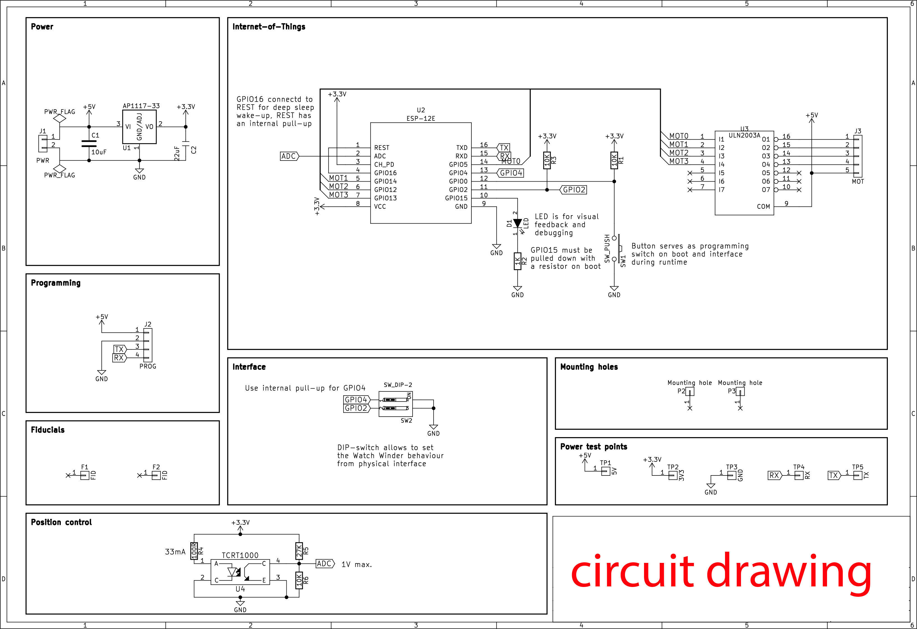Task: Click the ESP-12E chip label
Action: tap(421, 118)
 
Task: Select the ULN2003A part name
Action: tap(744, 135)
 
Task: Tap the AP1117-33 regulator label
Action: tap(141, 106)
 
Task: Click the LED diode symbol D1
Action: tap(517, 224)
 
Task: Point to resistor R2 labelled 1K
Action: tap(517, 261)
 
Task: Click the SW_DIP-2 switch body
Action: tap(395, 404)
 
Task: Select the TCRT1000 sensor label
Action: tap(240, 555)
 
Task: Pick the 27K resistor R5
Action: tap(299, 551)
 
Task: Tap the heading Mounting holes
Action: tap(589, 367)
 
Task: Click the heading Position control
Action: tap(61, 522)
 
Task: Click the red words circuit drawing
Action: tap(721, 572)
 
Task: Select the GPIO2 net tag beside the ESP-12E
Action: tap(574, 190)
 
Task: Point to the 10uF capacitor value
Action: tap(99, 152)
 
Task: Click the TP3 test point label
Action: tap(731, 467)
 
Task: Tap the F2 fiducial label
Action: tap(156, 467)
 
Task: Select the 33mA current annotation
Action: tap(175, 552)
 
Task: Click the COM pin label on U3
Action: tap(763, 206)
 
